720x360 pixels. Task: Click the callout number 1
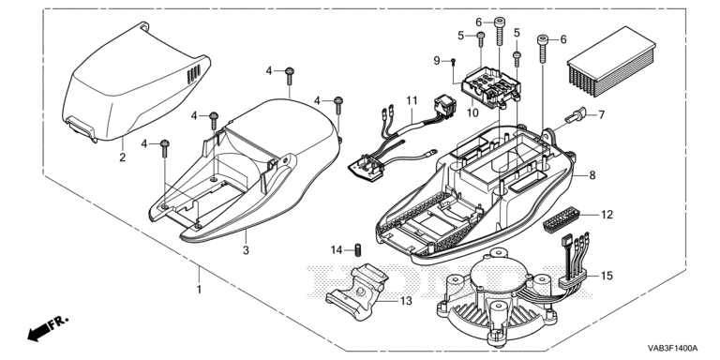199,290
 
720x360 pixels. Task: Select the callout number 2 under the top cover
122,157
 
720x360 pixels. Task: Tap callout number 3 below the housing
247,250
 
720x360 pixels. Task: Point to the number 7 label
602,114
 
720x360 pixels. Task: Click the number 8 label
592,175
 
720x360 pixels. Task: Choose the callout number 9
437,61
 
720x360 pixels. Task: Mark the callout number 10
472,112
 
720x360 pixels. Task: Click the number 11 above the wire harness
412,100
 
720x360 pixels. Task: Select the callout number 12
607,215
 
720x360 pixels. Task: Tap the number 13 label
406,301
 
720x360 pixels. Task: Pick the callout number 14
337,250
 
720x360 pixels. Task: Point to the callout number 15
607,276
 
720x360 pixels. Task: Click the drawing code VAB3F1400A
673,348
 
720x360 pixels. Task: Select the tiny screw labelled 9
453,62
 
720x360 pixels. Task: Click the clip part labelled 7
577,114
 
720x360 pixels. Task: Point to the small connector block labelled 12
562,219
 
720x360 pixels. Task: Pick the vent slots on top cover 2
194,74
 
